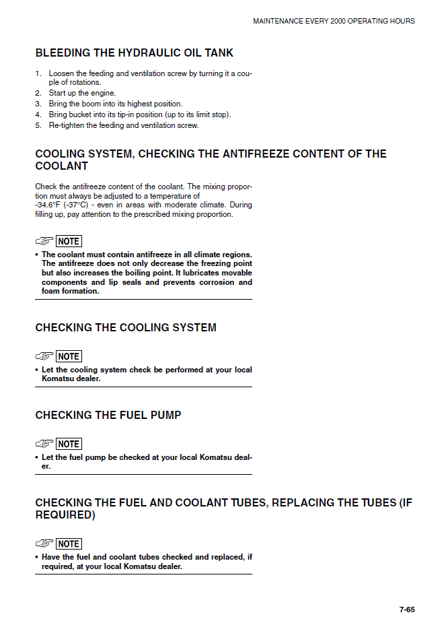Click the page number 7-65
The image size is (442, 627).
click(406, 610)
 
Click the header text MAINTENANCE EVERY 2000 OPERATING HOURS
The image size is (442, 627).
click(334, 21)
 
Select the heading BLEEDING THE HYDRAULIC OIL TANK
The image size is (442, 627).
click(135, 53)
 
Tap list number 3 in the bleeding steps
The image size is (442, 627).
click(38, 104)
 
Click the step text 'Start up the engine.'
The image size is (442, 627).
click(82, 93)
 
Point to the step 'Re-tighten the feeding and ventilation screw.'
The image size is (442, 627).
click(123, 125)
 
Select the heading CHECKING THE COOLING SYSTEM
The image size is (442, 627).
click(126, 327)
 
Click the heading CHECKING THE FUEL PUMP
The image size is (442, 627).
click(108, 415)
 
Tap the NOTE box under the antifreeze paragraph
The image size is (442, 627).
click(69, 241)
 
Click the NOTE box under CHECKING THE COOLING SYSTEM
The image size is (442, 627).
click(69, 356)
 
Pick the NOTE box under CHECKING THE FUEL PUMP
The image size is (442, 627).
click(69, 444)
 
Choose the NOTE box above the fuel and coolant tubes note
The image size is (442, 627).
click(69, 543)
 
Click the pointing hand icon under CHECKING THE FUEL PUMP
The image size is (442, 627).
click(44, 444)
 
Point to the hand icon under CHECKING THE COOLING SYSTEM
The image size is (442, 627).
click(44, 356)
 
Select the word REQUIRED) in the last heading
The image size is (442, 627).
click(65, 515)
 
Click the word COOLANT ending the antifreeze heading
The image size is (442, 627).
click(62, 166)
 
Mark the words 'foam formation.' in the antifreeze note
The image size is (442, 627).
click(71, 292)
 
